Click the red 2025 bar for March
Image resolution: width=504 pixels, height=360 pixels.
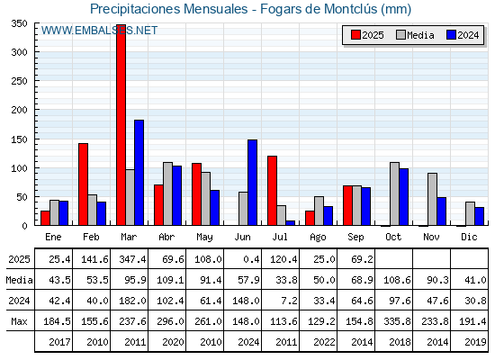click(x=121, y=125)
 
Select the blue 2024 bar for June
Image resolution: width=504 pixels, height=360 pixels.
click(x=252, y=182)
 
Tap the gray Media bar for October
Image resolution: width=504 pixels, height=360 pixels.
click(x=394, y=193)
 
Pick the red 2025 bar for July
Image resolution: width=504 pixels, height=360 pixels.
click(x=272, y=191)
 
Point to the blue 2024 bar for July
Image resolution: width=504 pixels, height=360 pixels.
click(x=290, y=223)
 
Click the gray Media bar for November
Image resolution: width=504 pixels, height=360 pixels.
click(x=432, y=199)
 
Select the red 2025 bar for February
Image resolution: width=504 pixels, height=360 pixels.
click(x=83, y=184)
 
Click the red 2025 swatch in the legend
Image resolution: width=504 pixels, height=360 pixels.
click(x=355, y=35)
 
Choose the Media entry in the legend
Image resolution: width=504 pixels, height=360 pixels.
click(x=415, y=35)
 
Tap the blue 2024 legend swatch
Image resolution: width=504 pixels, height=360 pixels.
click(x=451, y=35)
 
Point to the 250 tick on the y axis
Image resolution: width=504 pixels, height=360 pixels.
click(x=19, y=81)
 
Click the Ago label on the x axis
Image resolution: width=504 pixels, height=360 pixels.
click(x=318, y=238)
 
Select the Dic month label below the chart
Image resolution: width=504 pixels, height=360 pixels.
click(x=469, y=237)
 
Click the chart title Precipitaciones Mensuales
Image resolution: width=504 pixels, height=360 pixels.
click(x=169, y=9)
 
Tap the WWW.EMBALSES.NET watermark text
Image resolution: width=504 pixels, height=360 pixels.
click(x=99, y=31)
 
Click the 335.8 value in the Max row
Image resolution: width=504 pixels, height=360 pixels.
click(x=397, y=321)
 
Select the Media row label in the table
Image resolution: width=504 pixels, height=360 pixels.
click(x=19, y=280)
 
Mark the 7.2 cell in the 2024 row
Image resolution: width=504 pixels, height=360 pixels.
click(x=289, y=301)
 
